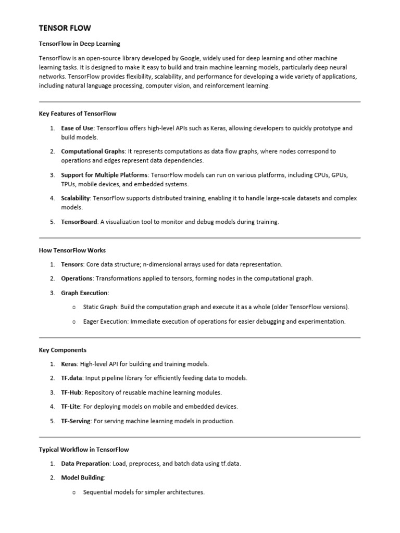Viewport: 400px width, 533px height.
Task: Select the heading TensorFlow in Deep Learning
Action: [79, 44]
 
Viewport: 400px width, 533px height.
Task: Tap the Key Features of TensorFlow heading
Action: [77, 113]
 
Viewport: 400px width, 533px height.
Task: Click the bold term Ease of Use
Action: [77, 128]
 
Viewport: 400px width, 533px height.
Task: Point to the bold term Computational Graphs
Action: [93, 151]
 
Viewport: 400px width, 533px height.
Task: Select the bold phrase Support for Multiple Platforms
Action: [104, 175]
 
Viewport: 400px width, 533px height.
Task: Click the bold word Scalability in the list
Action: [76, 198]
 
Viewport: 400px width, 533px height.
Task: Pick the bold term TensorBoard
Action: [79, 222]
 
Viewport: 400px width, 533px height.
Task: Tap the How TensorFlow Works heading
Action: [72, 250]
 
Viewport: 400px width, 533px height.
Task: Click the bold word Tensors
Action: [72, 264]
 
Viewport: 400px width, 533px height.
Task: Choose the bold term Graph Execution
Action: [84, 293]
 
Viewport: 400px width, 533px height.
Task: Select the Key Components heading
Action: [63, 350]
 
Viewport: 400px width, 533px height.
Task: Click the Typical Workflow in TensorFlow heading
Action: [83, 449]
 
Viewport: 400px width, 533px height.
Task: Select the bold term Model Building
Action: [83, 477]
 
